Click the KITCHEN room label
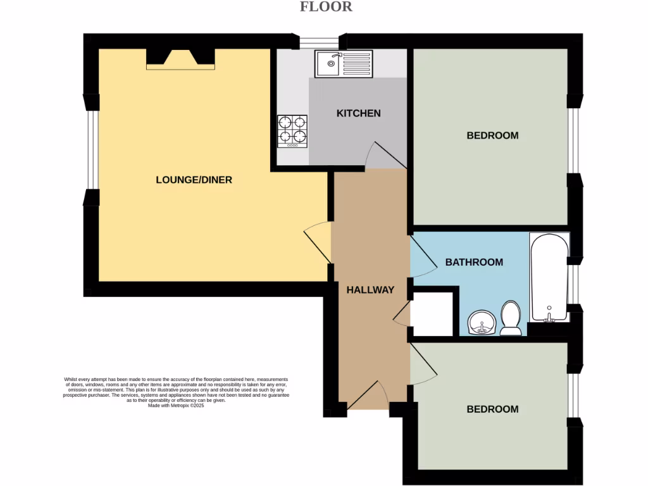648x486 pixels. [358, 113]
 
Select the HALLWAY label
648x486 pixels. [370, 290]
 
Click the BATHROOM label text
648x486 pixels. [474, 262]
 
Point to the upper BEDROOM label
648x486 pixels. [492, 135]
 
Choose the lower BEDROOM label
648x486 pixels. [492, 409]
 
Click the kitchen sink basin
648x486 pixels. [330, 63]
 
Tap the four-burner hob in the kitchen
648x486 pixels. [292, 132]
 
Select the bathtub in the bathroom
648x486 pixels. [549, 278]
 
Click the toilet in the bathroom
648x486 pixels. [510, 318]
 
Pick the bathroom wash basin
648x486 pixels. [482, 323]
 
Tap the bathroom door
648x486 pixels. [422, 256]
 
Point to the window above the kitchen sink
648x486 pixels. [319, 43]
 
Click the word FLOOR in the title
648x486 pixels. [326, 7]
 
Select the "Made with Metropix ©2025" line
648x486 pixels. [176, 406]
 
